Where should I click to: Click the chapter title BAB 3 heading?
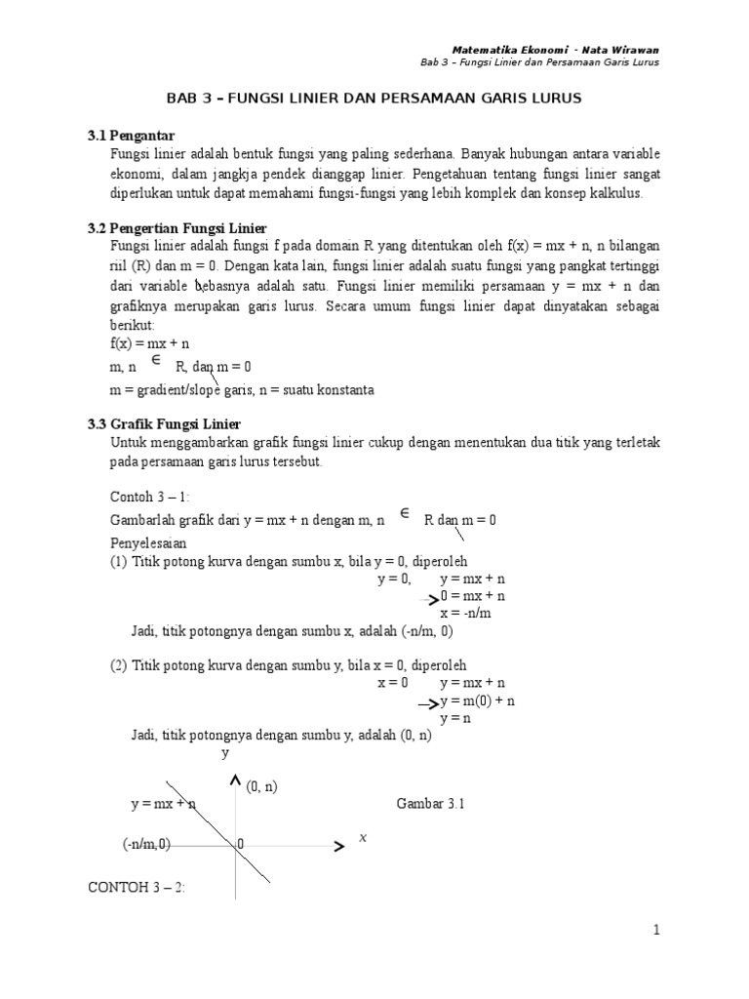374,100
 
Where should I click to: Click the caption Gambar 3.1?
432,805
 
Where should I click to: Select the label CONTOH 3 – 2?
137,887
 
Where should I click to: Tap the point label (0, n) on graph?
262,786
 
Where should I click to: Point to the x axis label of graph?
363,838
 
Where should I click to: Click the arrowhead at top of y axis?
234,780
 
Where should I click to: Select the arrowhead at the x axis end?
338,847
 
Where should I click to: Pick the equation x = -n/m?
465,613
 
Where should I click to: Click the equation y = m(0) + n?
477,700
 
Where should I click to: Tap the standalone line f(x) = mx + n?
149,344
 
